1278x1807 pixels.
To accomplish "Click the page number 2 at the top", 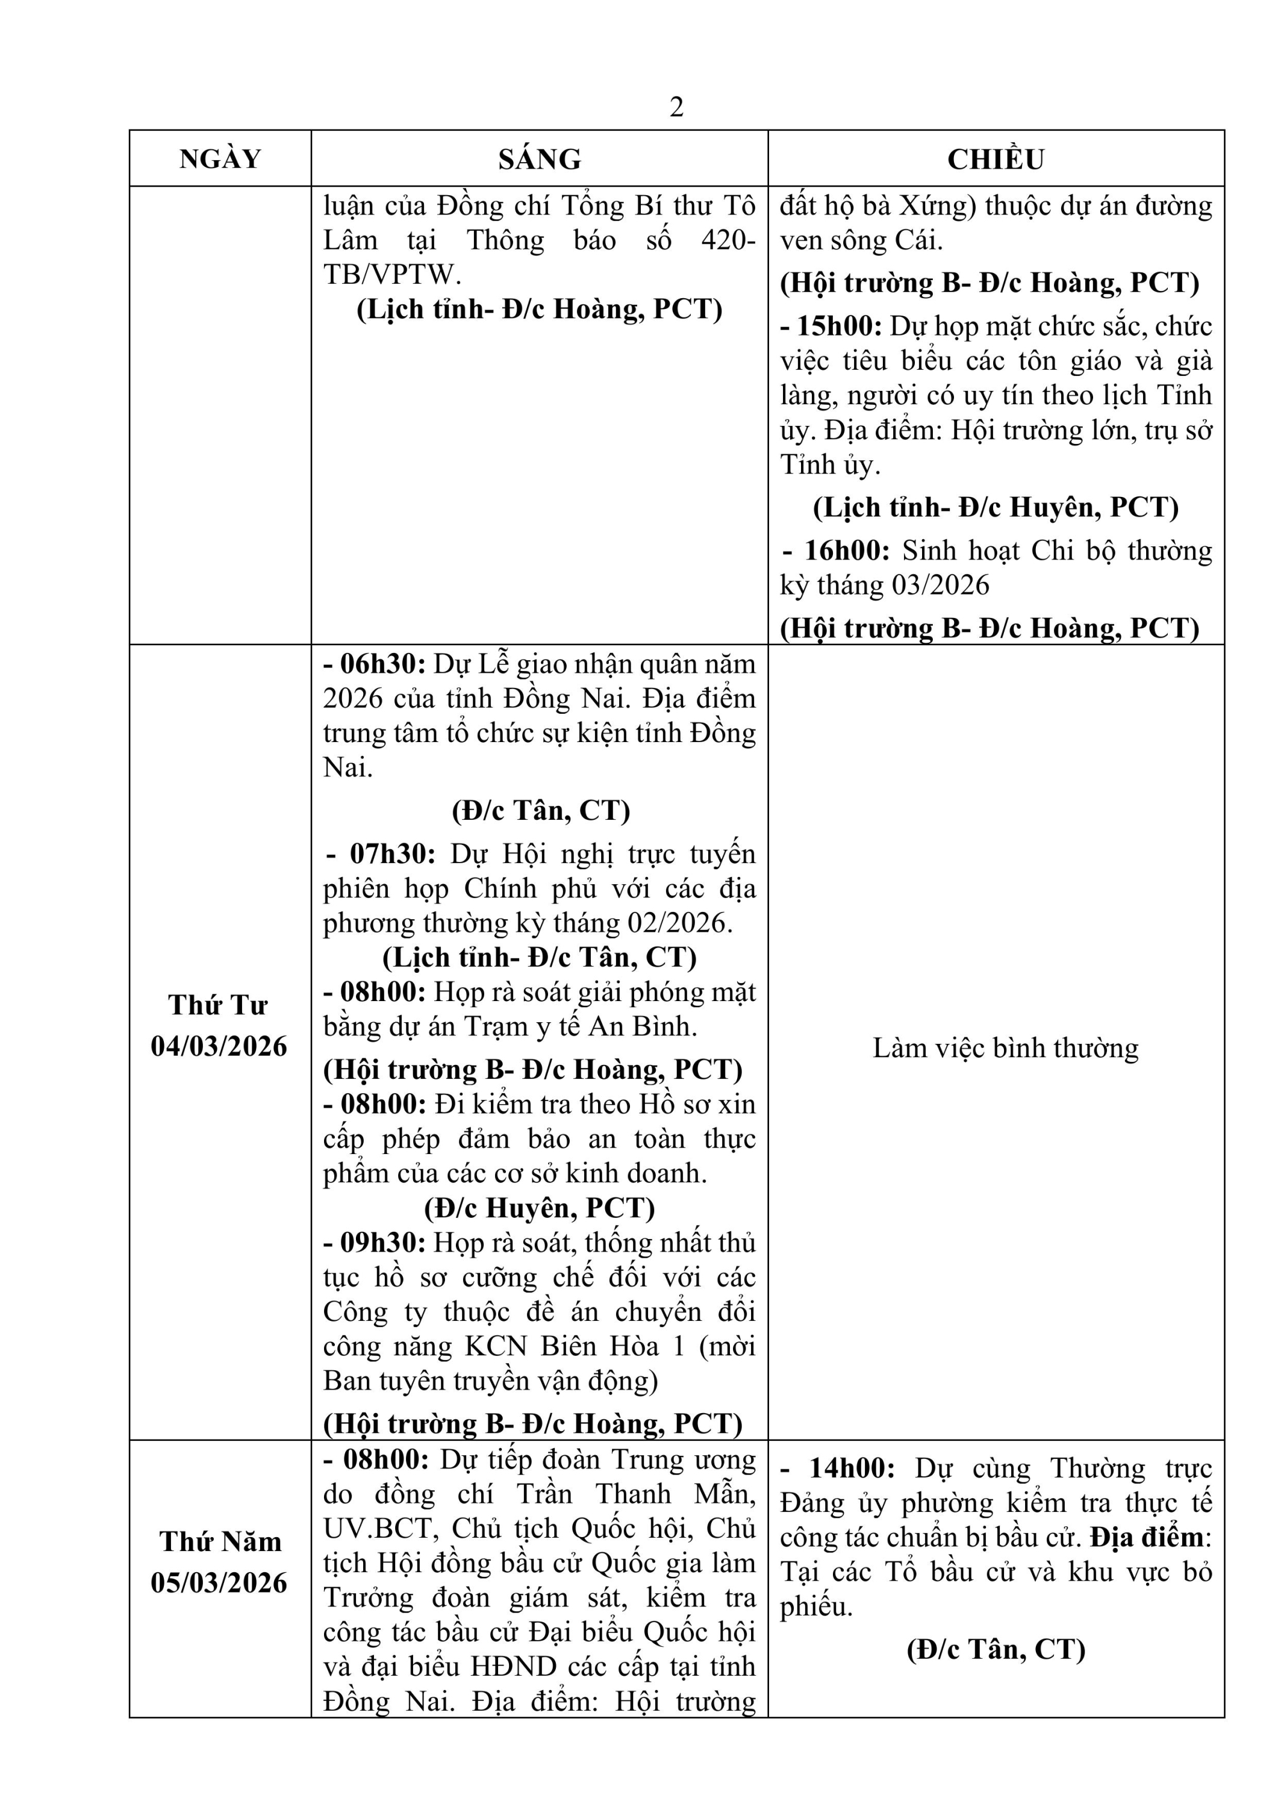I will [676, 108].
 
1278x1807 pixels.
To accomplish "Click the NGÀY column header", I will [220, 159].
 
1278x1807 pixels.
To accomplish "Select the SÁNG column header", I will [539, 159].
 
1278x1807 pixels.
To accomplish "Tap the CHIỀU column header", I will [996, 159].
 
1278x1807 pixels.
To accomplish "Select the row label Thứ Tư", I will [218, 1006].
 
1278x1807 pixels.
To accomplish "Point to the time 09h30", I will [382, 1243].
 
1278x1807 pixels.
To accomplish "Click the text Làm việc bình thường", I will [1005, 1048].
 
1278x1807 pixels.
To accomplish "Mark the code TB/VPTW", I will [390, 275].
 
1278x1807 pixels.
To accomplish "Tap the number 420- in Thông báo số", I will [728, 240].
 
